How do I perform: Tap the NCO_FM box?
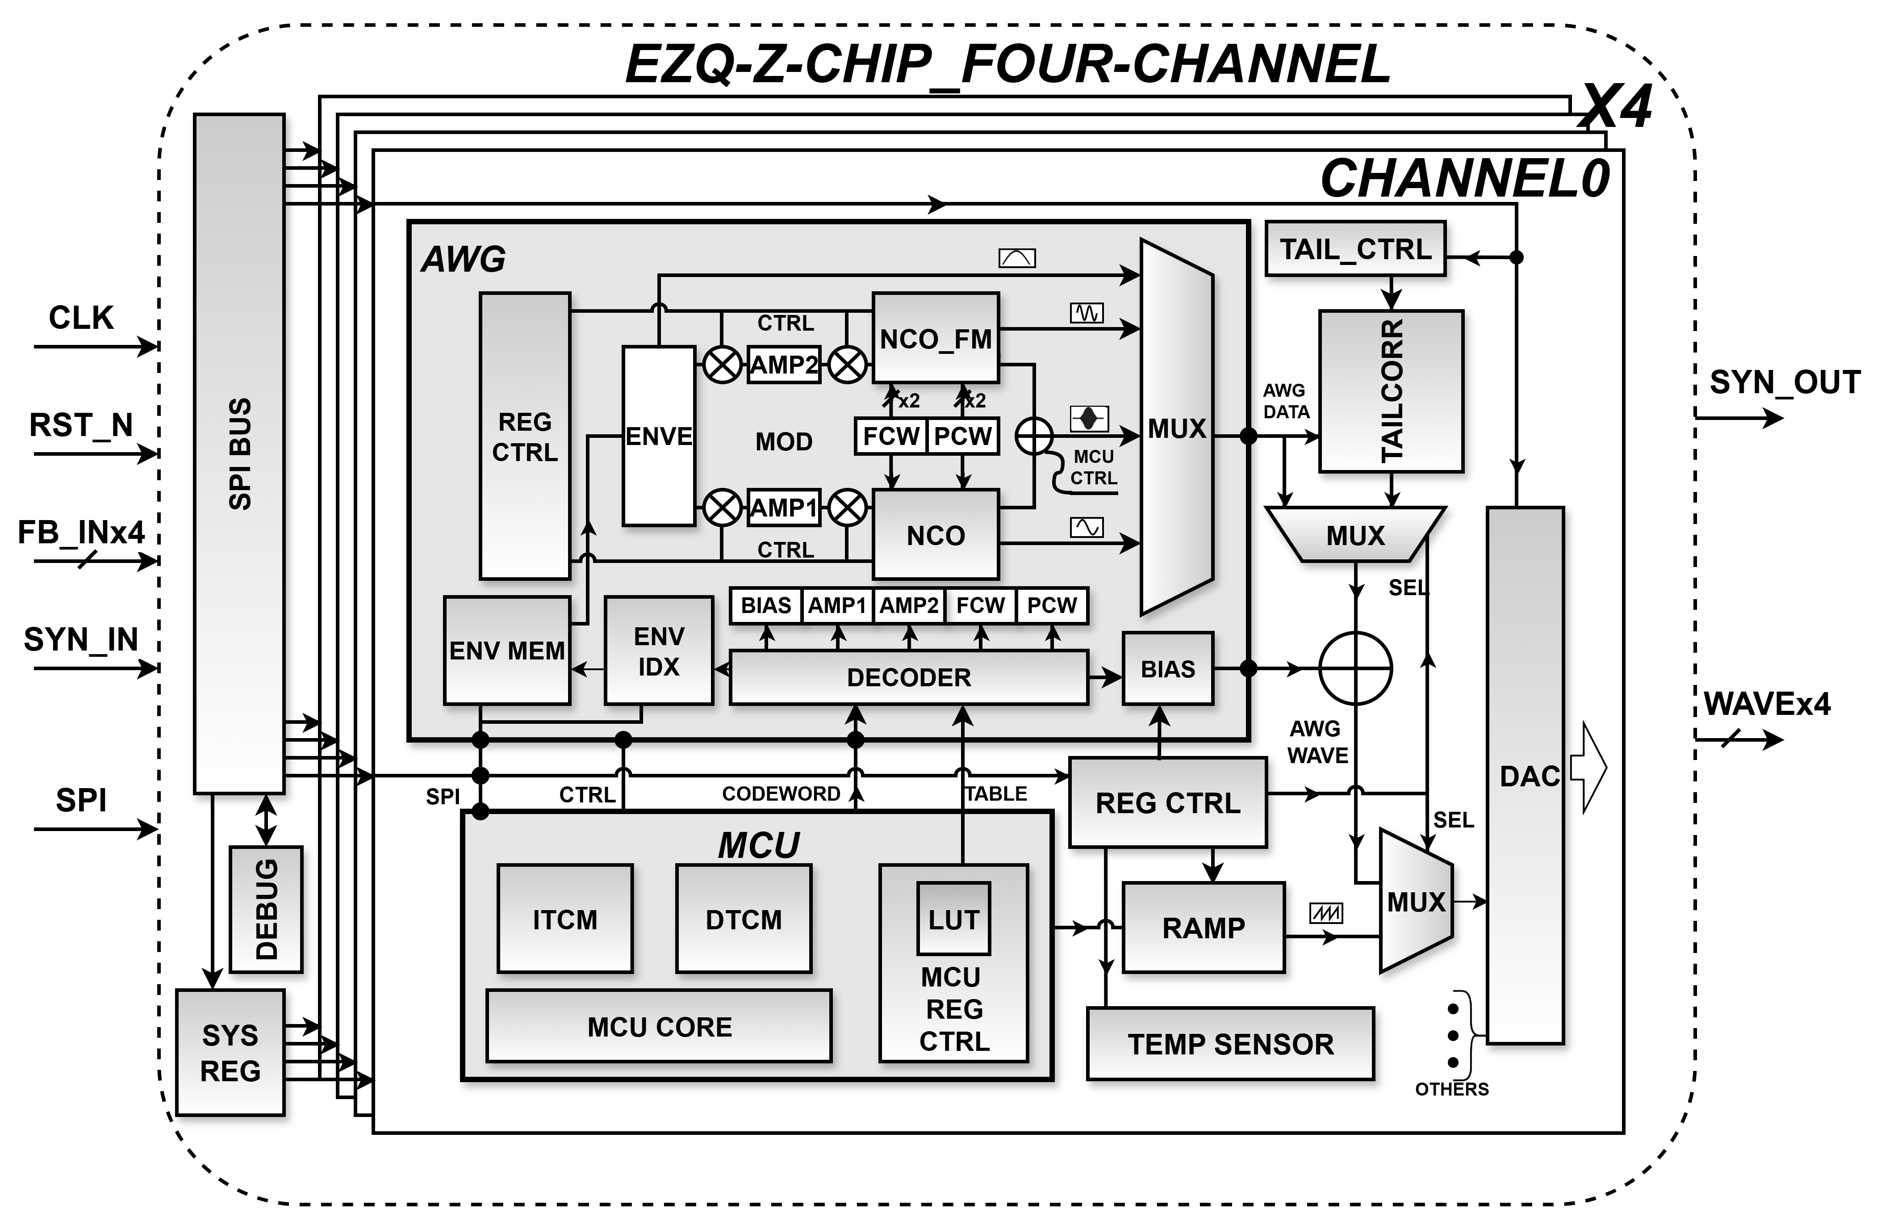tap(936, 338)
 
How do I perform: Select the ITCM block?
tap(565, 919)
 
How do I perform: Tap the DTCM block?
tap(744, 919)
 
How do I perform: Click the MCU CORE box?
tap(659, 1026)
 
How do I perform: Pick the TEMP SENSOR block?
tap(1230, 1043)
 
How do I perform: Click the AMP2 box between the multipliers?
tap(784, 365)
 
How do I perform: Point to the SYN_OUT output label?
tap(1785, 382)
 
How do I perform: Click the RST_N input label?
tap(81, 425)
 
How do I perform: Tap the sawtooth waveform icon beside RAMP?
tap(1325, 914)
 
